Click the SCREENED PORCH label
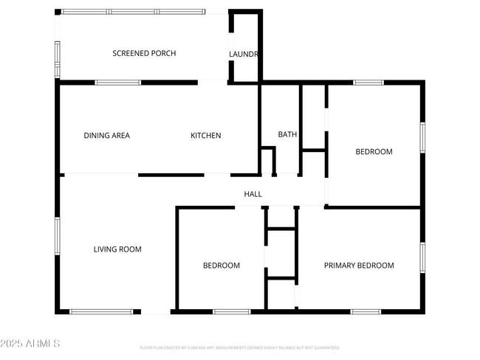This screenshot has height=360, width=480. (x=144, y=53)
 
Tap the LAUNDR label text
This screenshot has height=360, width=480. (x=243, y=54)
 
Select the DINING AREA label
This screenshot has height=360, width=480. (x=107, y=135)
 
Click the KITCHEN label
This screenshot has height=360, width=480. (x=206, y=135)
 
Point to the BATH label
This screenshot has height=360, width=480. (x=287, y=134)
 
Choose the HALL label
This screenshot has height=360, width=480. (x=253, y=194)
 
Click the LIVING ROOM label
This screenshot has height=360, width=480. (x=117, y=249)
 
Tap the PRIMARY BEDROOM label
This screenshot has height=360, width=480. (x=360, y=266)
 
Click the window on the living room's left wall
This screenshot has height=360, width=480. (x=58, y=236)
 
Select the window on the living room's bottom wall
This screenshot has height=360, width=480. (x=101, y=311)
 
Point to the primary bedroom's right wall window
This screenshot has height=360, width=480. (x=422, y=257)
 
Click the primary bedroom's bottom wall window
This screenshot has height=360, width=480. (x=366, y=311)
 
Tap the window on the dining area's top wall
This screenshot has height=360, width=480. (x=118, y=83)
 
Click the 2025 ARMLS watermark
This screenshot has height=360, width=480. (x=30, y=344)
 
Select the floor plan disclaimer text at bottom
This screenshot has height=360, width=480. (x=240, y=347)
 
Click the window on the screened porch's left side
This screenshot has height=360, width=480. (x=58, y=59)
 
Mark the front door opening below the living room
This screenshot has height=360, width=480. (x=155, y=312)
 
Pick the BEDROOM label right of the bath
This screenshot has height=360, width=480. (x=374, y=152)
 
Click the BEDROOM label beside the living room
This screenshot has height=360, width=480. (x=222, y=266)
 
